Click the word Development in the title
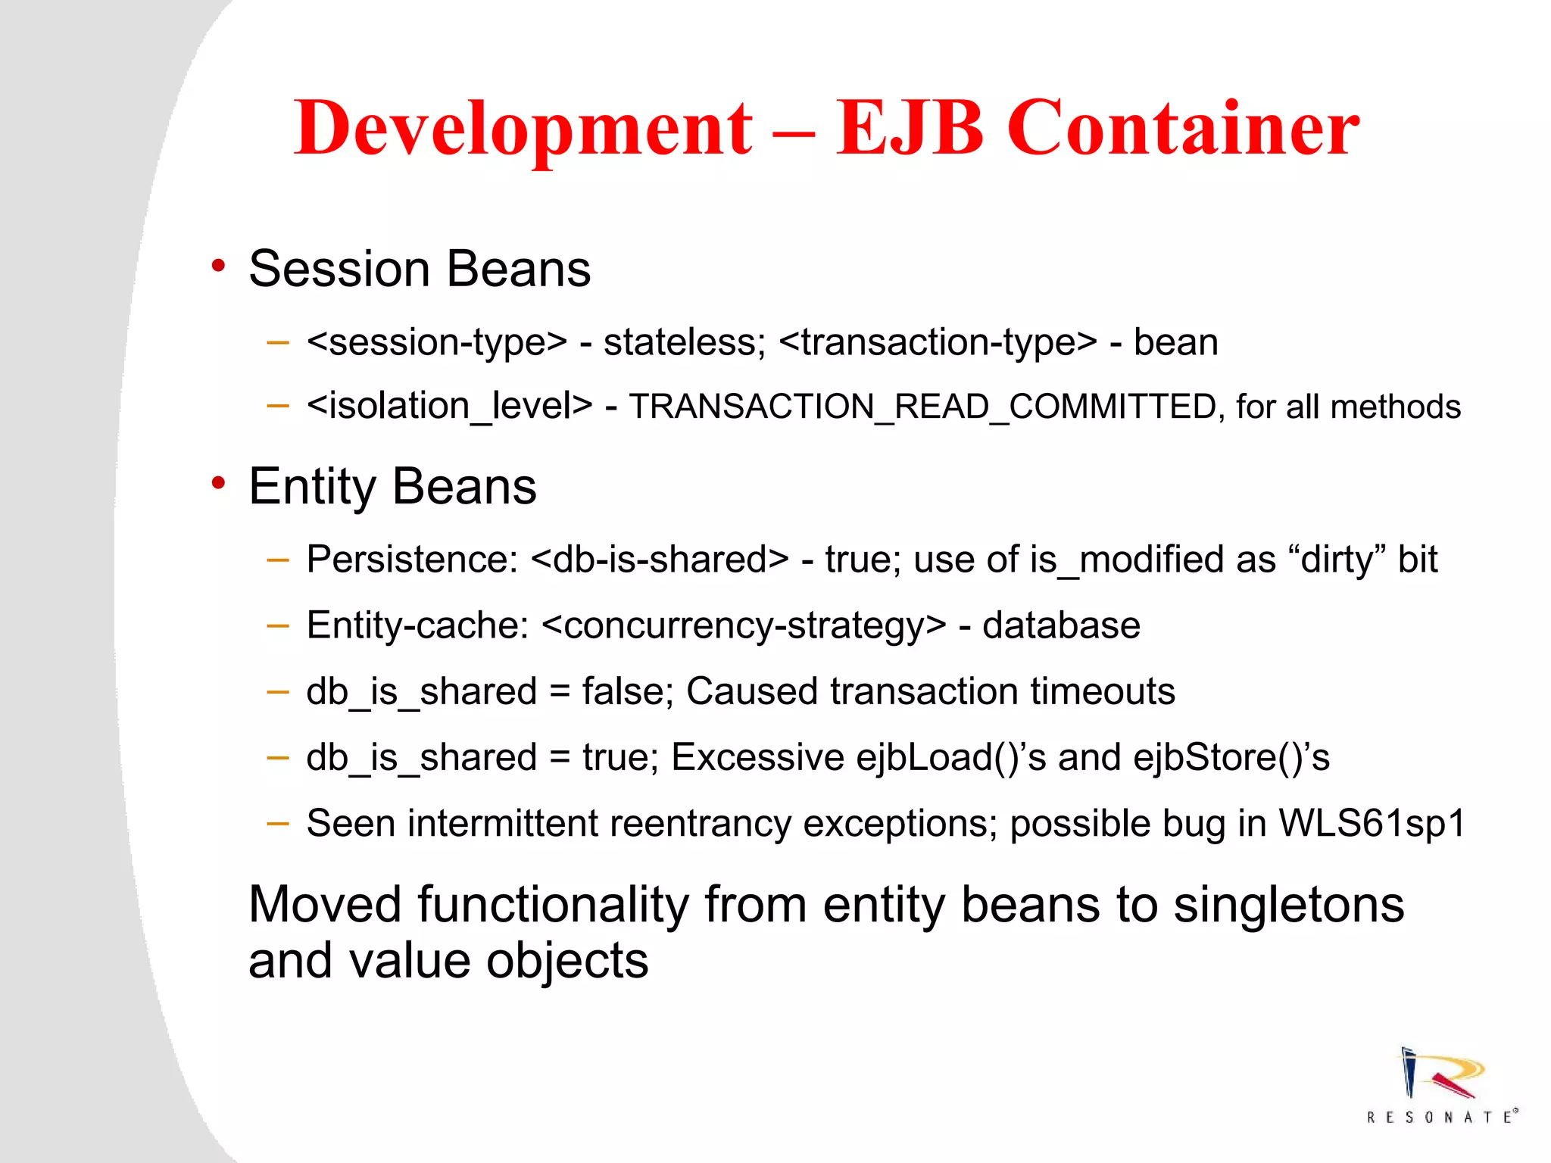coord(523,129)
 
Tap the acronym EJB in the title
coord(910,129)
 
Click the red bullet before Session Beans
coord(219,267)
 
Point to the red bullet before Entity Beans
coord(219,483)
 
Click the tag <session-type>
coord(437,342)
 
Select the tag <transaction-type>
coord(938,342)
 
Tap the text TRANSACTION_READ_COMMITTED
coord(922,407)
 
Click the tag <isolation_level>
coord(449,407)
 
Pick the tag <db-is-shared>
coord(660,560)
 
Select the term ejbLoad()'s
coord(950,757)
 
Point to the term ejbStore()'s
coord(1231,757)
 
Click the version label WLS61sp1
coord(1372,823)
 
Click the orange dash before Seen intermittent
coord(278,822)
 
